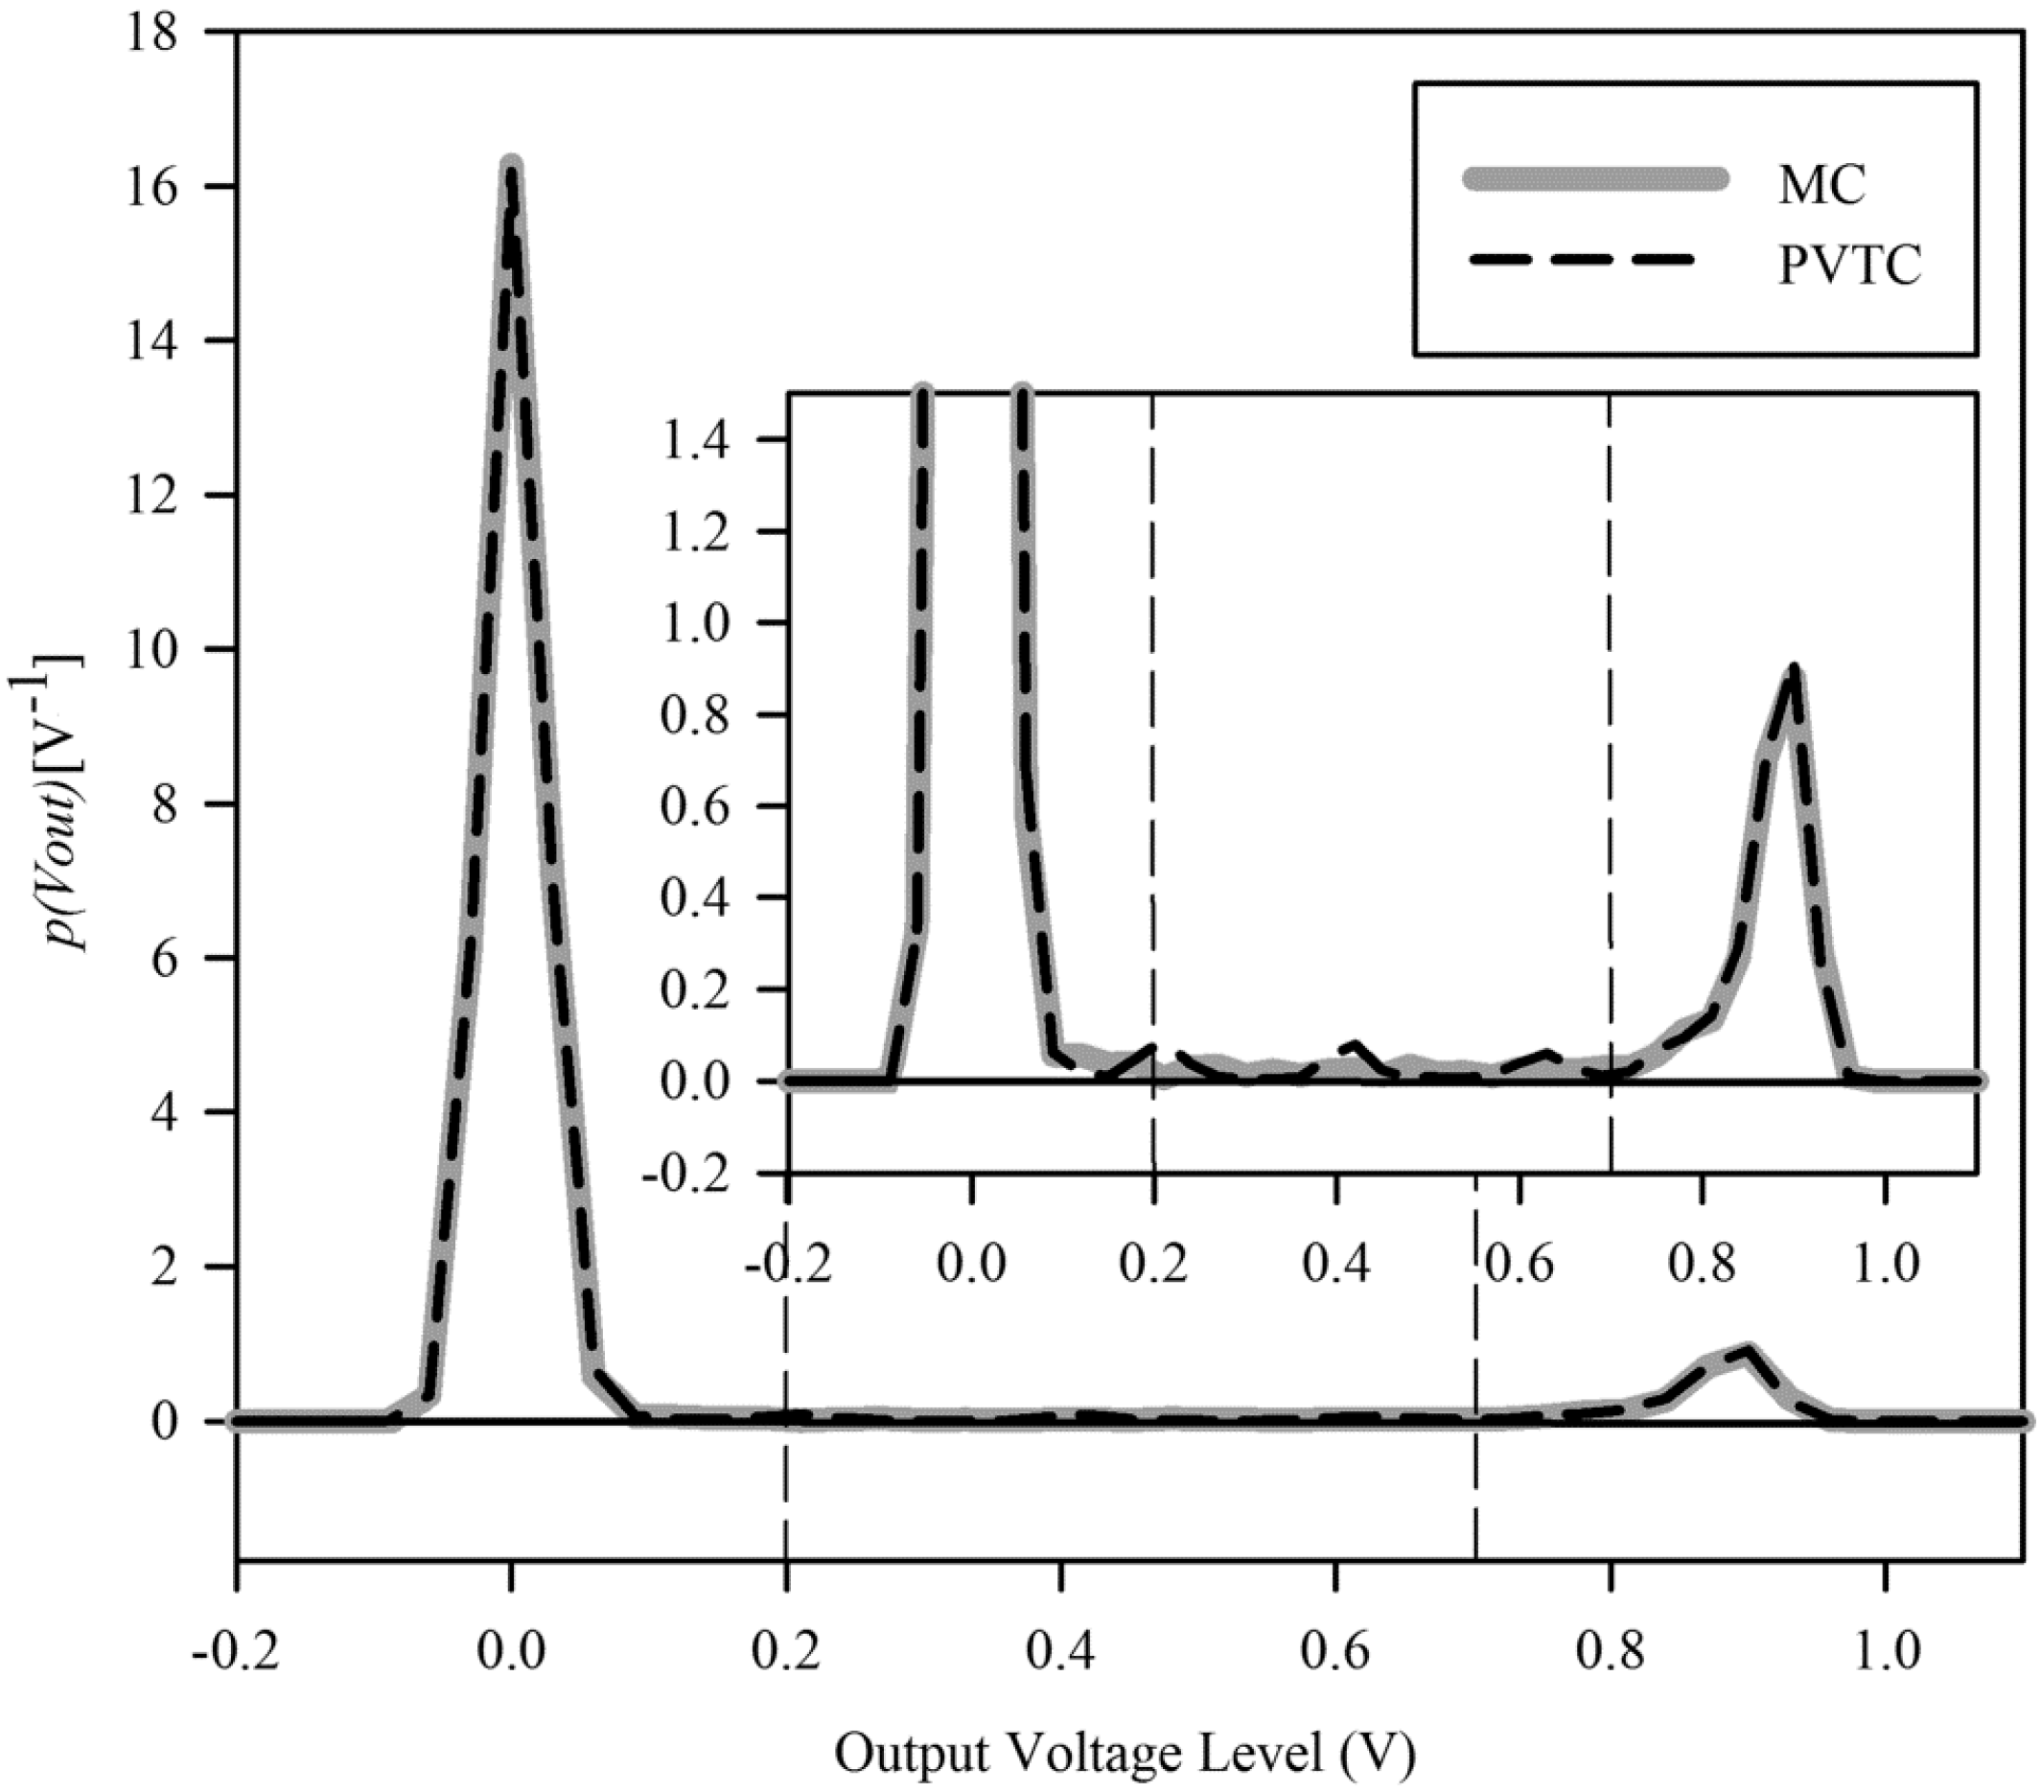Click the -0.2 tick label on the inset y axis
686,1173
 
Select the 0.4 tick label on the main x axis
1061,1652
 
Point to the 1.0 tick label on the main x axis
1886,1652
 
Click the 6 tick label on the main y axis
166,958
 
